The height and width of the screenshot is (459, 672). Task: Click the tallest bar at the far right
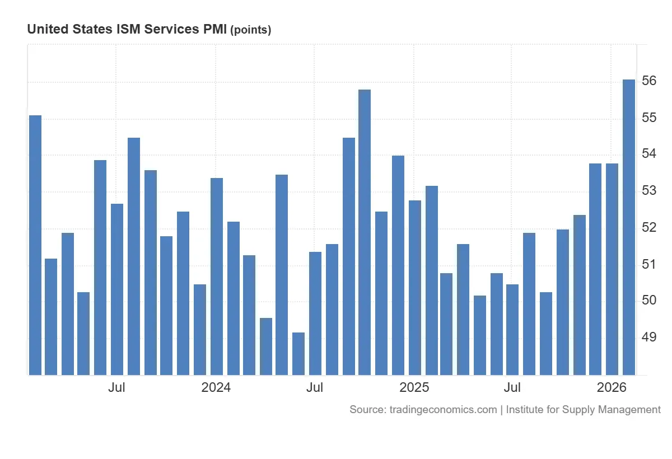(x=629, y=227)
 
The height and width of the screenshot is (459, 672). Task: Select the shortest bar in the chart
(x=298, y=353)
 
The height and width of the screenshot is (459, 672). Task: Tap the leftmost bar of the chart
(x=35, y=245)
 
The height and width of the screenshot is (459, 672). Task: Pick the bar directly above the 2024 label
(x=216, y=276)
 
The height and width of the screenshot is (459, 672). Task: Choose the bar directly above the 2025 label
(x=414, y=287)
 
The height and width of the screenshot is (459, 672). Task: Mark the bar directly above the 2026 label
(x=612, y=269)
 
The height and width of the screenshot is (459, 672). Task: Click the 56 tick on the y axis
(x=649, y=81)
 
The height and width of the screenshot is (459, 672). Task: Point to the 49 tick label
(x=649, y=337)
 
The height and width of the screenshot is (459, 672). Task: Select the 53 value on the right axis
(x=649, y=191)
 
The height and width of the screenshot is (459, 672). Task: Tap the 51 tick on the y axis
(x=649, y=264)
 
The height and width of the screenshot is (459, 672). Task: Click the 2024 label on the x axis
(x=216, y=387)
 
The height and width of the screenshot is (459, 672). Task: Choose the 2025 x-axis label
(x=414, y=387)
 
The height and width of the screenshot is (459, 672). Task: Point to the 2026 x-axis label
(x=612, y=387)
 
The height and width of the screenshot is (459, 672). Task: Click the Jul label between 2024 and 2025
(x=315, y=387)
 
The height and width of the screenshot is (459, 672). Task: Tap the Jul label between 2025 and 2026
(x=512, y=387)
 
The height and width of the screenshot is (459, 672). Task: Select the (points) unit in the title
(x=251, y=30)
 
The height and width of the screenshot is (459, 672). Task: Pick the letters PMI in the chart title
(x=215, y=30)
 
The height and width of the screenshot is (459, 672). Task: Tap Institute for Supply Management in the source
(x=584, y=410)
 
